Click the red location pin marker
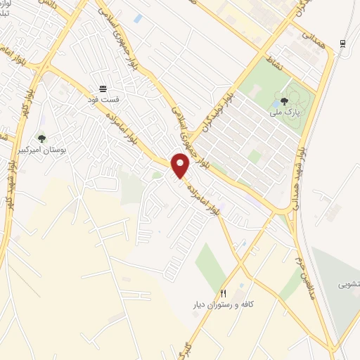(181, 166)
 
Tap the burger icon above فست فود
(103, 89)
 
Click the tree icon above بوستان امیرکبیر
(41, 139)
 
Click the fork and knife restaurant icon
(224, 293)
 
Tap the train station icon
(342, 43)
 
